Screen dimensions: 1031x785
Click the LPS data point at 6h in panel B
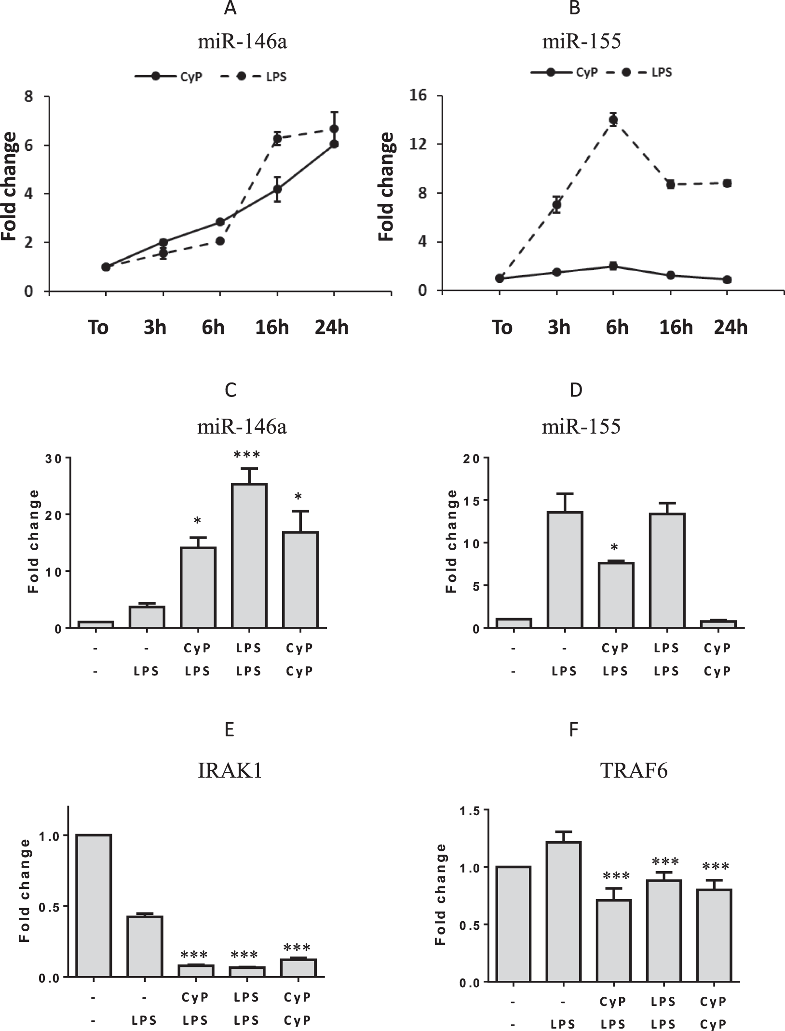(x=613, y=119)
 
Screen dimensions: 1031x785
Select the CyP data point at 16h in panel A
(x=277, y=189)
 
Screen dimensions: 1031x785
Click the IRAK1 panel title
(x=230, y=771)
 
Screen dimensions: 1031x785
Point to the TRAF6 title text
(x=634, y=771)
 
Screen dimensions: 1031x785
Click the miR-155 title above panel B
(x=582, y=41)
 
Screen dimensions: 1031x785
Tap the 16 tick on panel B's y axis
(x=419, y=95)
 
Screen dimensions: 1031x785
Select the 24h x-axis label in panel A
(x=332, y=328)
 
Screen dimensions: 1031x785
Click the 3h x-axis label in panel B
(x=559, y=328)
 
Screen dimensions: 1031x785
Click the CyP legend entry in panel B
(x=564, y=72)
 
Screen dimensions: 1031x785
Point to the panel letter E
(x=230, y=729)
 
